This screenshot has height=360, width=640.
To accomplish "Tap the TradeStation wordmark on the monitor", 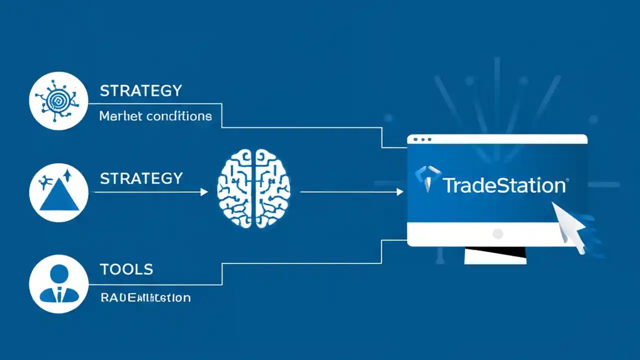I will tap(504, 185).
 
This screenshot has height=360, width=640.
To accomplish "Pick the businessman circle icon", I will tap(59, 283).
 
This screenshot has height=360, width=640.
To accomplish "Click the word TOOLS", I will tap(126, 269).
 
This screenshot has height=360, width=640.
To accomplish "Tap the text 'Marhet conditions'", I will tap(155, 116).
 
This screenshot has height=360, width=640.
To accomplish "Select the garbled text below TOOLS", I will tap(145, 298).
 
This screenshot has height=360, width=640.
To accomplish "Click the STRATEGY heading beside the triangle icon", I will tap(141, 178).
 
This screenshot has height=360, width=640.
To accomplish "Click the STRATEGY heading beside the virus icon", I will tap(141, 91).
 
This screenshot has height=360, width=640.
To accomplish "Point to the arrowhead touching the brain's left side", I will tap(204, 192).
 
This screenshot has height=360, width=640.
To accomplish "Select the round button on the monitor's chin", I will tap(497, 233).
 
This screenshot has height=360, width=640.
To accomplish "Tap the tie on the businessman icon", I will tap(59, 294).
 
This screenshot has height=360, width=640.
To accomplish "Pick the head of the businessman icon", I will tap(59, 273).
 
